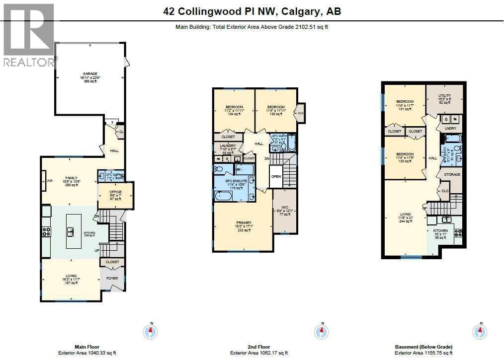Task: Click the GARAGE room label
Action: coord(90,74)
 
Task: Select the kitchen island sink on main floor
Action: coord(71,231)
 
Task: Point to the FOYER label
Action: coord(112,278)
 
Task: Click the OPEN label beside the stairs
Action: coord(276,176)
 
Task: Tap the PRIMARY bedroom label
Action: coord(244,223)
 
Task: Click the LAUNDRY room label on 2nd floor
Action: coord(228,145)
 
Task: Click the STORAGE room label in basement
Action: coord(452,175)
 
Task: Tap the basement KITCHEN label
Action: coord(440,231)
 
